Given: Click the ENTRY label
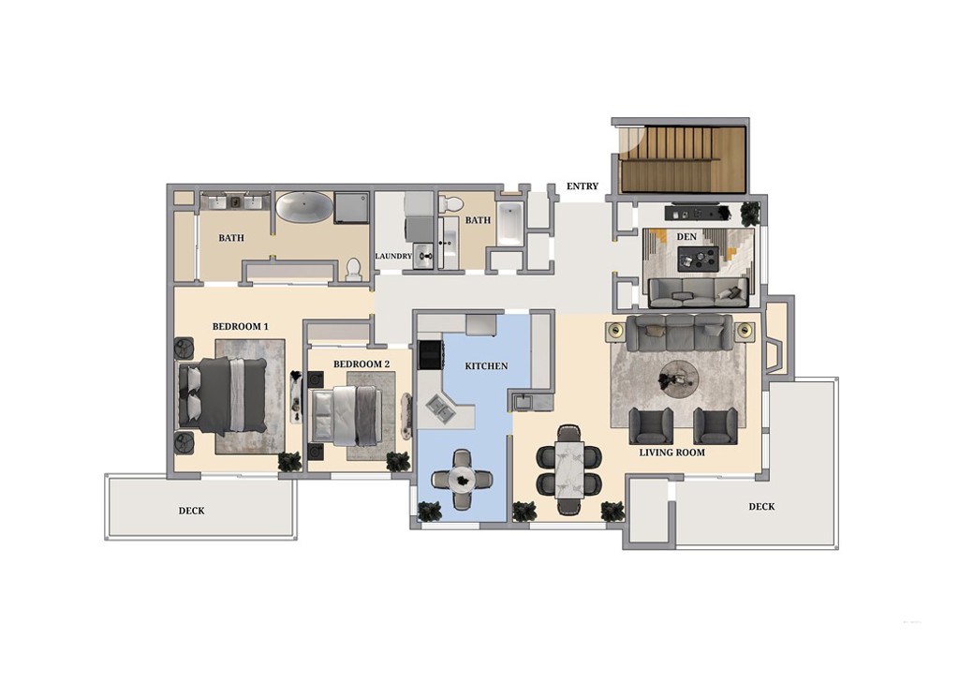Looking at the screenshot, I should point(582,186).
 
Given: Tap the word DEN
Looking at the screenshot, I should point(686,237).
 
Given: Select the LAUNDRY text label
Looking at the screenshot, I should point(393,256).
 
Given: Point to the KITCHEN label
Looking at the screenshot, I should point(487,365).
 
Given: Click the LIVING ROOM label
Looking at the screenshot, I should point(672,453).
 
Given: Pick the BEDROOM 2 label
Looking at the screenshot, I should point(361,364).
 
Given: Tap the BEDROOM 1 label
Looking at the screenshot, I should point(240,326).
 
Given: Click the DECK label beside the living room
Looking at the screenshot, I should point(761,507).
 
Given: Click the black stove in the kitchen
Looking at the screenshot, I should point(430,353).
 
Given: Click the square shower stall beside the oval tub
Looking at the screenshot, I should point(352,207).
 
